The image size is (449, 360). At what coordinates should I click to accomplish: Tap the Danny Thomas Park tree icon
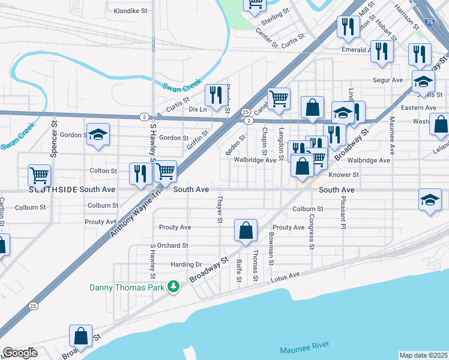[173, 287]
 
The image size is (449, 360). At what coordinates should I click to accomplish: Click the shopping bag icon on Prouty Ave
[246, 230]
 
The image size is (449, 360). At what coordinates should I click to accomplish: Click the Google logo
[19, 353]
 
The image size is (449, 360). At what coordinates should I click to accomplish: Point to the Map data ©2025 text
[423, 355]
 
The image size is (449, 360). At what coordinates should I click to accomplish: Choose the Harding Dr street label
[187, 264]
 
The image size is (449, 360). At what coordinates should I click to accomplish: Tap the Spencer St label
[54, 143]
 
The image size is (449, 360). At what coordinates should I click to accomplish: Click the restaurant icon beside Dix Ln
[214, 94]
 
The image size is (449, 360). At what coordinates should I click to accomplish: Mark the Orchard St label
[173, 245]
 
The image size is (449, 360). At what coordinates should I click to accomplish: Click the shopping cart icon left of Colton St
[40, 175]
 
